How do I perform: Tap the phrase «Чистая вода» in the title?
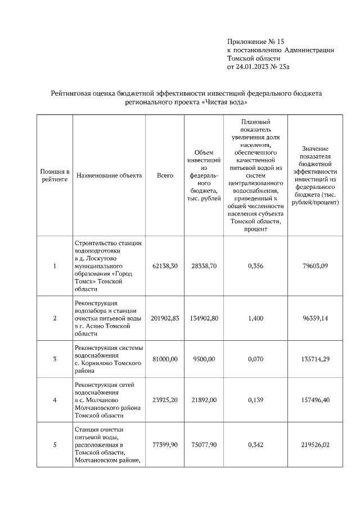[x=224, y=103]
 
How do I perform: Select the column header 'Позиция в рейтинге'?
[x=55, y=175]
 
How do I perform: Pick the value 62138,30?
[x=165, y=265]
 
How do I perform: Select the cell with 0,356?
[x=256, y=265]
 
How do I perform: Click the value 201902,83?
[x=165, y=318]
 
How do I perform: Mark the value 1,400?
[x=256, y=318]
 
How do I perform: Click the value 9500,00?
[x=204, y=359]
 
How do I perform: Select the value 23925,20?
[x=165, y=400]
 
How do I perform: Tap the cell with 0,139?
[x=256, y=400]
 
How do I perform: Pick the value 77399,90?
[x=165, y=445]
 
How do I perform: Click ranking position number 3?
[x=55, y=359]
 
